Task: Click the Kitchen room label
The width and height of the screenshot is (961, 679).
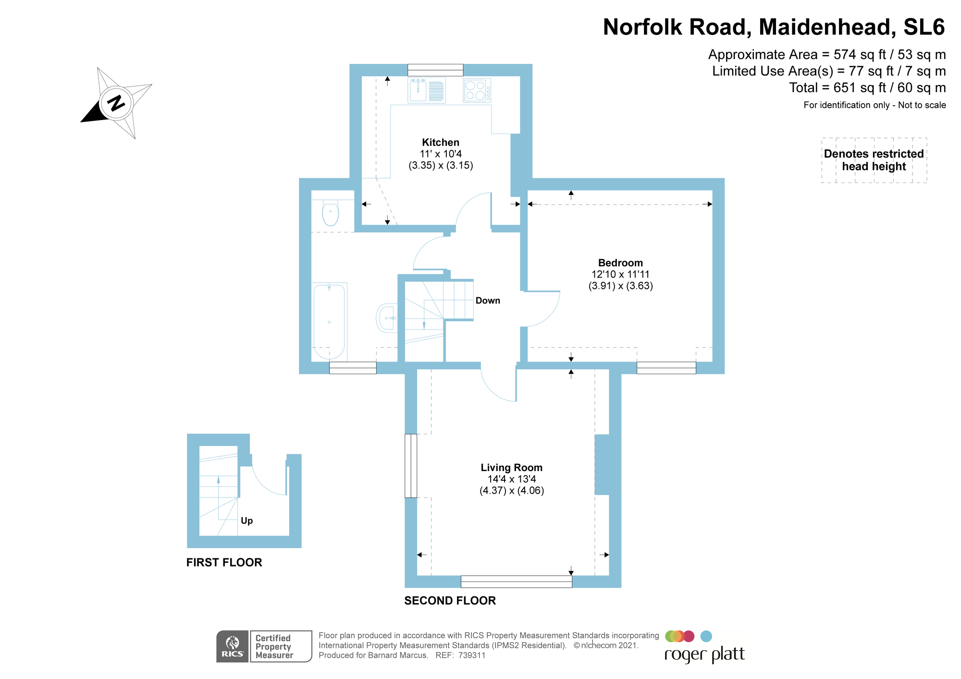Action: pyautogui.click(x=441, y=142)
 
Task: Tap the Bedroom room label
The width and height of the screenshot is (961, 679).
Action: pyautogui.click(x=620, y=263)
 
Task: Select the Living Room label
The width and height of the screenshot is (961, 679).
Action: pyautogui.click(x=511, y=467)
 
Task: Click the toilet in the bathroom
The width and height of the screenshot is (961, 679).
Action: pyautogui.click(x=330, y=213)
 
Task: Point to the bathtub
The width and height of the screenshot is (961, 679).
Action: pyautogui.click(x=329, y=321)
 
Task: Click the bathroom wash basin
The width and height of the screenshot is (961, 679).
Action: pyautogui.click(x=387, y=317)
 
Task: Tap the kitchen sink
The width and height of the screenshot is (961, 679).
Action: pyautogui.click(x=418, y=90)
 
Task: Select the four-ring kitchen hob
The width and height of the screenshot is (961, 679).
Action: pyautogui.click(x=477, y=91)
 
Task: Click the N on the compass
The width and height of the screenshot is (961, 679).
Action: pyautogui.click(x=116, y=103)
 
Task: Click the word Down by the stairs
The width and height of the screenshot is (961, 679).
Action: pyautogui.click(x=488, y=301)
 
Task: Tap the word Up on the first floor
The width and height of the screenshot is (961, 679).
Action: pyautogui.click(x=246, y=521)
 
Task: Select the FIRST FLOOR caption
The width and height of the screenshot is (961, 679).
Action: pyautogui.click(x=224, y=562)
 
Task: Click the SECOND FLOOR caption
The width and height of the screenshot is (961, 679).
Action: pyautogui.click(x=450, y=600)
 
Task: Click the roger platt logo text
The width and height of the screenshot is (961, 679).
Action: pyautogui.click(x=704, y=655)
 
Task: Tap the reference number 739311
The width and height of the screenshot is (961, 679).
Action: pyautogui.click(x=472, y=655)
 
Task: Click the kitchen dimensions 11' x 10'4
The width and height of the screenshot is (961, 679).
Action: pyautogui.click(x=441, y=154)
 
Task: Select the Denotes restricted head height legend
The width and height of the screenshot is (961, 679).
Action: pyautogui.click(x=874, y=160)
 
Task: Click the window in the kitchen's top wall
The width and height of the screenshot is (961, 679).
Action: pyautogui.click(x=435, y=70)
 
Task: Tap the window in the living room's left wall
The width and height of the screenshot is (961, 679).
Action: pyautogui.click(x=411, y=465)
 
